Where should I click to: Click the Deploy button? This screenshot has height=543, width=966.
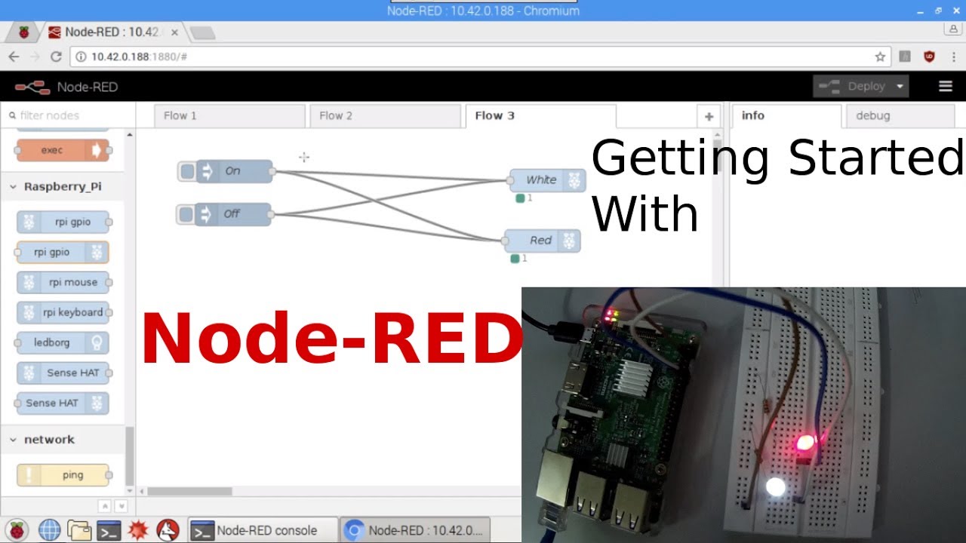point(860,87)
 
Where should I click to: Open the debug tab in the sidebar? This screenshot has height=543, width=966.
point(872,115)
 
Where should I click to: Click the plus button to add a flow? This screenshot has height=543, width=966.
point(709,116)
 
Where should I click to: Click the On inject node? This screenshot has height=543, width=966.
point(233,171)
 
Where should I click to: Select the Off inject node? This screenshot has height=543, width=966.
point(232,214)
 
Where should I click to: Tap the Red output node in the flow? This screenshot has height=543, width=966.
point(541,241)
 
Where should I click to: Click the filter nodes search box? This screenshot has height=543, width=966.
point(68,115)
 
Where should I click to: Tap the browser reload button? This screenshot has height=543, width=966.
point(56,57)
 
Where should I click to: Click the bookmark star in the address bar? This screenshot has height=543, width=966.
point(880,57)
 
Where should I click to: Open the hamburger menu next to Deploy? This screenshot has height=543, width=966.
point(945,87)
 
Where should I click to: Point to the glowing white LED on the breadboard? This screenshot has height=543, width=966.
point(775,486)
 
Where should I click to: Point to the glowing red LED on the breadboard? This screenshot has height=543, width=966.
point(805,442)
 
